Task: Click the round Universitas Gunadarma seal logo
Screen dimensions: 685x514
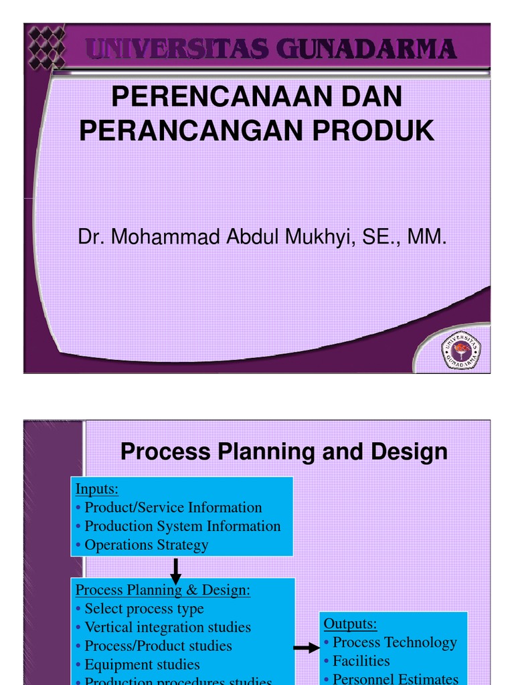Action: coord(462,349)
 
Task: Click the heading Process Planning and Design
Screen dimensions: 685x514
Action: coord(284,452)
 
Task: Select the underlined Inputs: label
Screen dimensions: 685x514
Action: coord(97,489)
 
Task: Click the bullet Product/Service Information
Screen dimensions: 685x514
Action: coord(173,507)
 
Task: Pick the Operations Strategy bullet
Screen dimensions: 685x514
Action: coord(146,545)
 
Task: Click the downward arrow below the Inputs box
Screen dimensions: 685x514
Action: coord(176,571)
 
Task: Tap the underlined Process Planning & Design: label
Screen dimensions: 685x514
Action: coord(163,590)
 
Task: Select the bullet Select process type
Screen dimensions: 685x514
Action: coord(143,609)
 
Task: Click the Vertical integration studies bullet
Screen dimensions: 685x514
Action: coord(167,627)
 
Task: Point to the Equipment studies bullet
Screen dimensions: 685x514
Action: coord(142,664)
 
